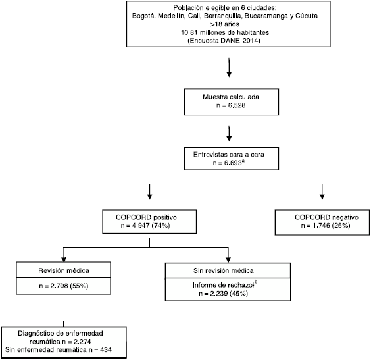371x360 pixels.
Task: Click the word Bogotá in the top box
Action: click(144, 16)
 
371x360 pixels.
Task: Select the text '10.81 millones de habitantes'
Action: click(225, 32)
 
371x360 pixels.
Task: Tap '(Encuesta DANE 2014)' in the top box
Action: click(224, 41)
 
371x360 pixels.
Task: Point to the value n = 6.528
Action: click(231, 105)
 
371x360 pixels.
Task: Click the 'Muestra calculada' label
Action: click(231, 97)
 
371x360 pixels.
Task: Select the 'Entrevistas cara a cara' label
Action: click(228, 155)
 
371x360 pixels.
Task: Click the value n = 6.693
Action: click(227, 163)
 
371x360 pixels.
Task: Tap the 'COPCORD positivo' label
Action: click(146, 217)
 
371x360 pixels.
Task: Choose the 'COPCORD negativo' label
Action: click(326, 217)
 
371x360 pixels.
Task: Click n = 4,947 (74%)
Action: click(145, 226)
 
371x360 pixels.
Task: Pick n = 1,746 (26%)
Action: click(326, 226)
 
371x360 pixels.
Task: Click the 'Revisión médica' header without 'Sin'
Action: click(64, 270)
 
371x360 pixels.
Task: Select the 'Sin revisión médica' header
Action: click(224, 270)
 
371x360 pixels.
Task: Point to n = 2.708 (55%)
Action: click(64, 286)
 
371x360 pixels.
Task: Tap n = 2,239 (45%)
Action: click(224, 294)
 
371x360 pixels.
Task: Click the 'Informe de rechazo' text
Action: click(223, 285)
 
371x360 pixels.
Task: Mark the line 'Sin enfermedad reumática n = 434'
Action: click(59, 350)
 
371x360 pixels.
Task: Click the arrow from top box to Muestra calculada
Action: click(229, 67)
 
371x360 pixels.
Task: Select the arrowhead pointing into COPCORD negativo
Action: click(322, 196)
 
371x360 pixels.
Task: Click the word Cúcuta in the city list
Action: click(307, 16)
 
